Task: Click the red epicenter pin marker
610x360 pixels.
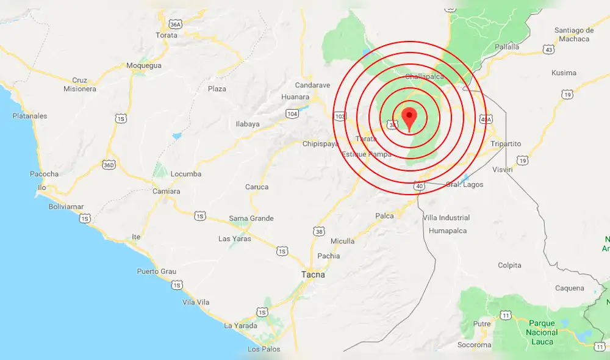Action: tap(409, 117)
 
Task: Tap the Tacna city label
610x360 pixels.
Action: tap(313, 275)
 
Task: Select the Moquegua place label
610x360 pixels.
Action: tap(143, 65)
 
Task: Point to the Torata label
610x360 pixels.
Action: tap(167, 35)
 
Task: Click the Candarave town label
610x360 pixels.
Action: tap(312, 85)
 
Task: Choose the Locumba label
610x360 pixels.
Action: tap(185, 174)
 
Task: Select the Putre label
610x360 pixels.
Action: tap(482, 324)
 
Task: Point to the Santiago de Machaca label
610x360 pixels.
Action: tap(574, 35)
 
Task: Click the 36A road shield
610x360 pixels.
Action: tap(175, 24)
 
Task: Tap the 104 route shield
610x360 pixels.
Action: tap(292, 114)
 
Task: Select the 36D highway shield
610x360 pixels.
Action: tap(109, 165)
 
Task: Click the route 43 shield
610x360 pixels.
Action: tap(550, 49)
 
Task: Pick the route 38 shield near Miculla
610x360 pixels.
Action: tap(319, 231)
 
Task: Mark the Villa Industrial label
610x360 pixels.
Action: tap(446, 218)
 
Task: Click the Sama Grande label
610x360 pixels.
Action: tap(251, 218)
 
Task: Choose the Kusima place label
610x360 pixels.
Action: tap(563, 73)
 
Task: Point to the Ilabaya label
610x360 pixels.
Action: tap(248, 124)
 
